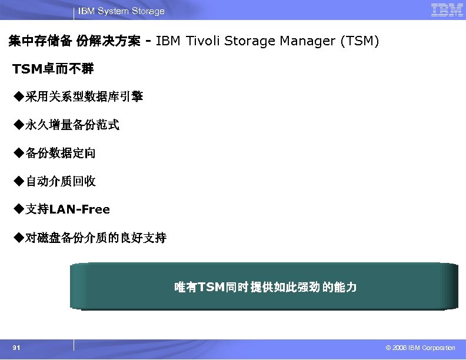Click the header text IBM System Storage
click(121, 11)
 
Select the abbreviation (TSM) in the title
click(358, 41)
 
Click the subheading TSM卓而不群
click(54, 69)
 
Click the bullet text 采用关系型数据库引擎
click(84, 96)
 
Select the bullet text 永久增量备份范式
click(72, 125)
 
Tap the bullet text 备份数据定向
click(61, 153)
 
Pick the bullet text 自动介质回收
click(61, 181)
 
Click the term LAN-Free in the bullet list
click(79, 209)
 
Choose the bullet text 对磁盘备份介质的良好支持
click(96, 238)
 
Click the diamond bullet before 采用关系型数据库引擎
click(19, 96)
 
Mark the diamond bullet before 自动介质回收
click(19, 181)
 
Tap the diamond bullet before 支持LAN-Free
click(19, 209)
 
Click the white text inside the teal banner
click(265, 287)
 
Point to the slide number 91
click(16, 348)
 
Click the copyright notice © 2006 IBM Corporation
click(417, 348)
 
